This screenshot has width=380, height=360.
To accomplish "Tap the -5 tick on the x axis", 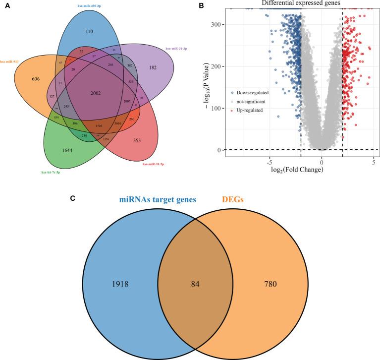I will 269,162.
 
